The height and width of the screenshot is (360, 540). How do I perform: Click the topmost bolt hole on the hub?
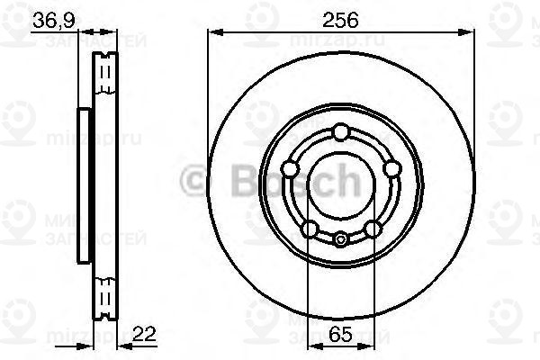(340, 133)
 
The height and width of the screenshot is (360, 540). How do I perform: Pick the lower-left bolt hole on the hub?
(309, 229)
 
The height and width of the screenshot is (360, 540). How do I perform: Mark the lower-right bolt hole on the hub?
(373, 229)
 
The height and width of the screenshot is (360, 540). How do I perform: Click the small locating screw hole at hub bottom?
(341, 239)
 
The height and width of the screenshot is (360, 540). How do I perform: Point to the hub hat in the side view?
(85, 185)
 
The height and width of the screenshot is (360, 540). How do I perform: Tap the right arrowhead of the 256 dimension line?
(469, 33)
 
